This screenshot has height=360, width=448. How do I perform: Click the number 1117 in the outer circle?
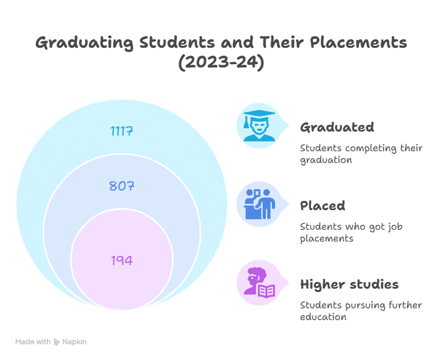(x=122, y=131)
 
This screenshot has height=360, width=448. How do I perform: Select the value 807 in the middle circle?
(x=122, y=186)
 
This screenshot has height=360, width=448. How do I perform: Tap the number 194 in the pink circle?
(x=122, y=261)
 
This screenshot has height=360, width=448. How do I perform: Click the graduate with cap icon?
(x=259, y=126)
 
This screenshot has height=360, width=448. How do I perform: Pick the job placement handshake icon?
(x=259, y=204)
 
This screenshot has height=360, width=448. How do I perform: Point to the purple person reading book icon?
(x=259, y=283)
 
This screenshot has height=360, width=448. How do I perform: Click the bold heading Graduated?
(x=337, y=127)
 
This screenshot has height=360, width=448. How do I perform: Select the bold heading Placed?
(x=322, y=206)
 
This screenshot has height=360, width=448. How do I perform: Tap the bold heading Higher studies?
(x=349, y=284)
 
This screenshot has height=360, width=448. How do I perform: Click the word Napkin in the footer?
(x=74, y=342)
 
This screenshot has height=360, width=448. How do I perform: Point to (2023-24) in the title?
(x=221, y=63)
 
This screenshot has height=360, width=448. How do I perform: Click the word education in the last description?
(x=323, y=317)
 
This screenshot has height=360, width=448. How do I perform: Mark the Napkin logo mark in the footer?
(x=57, y=342)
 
